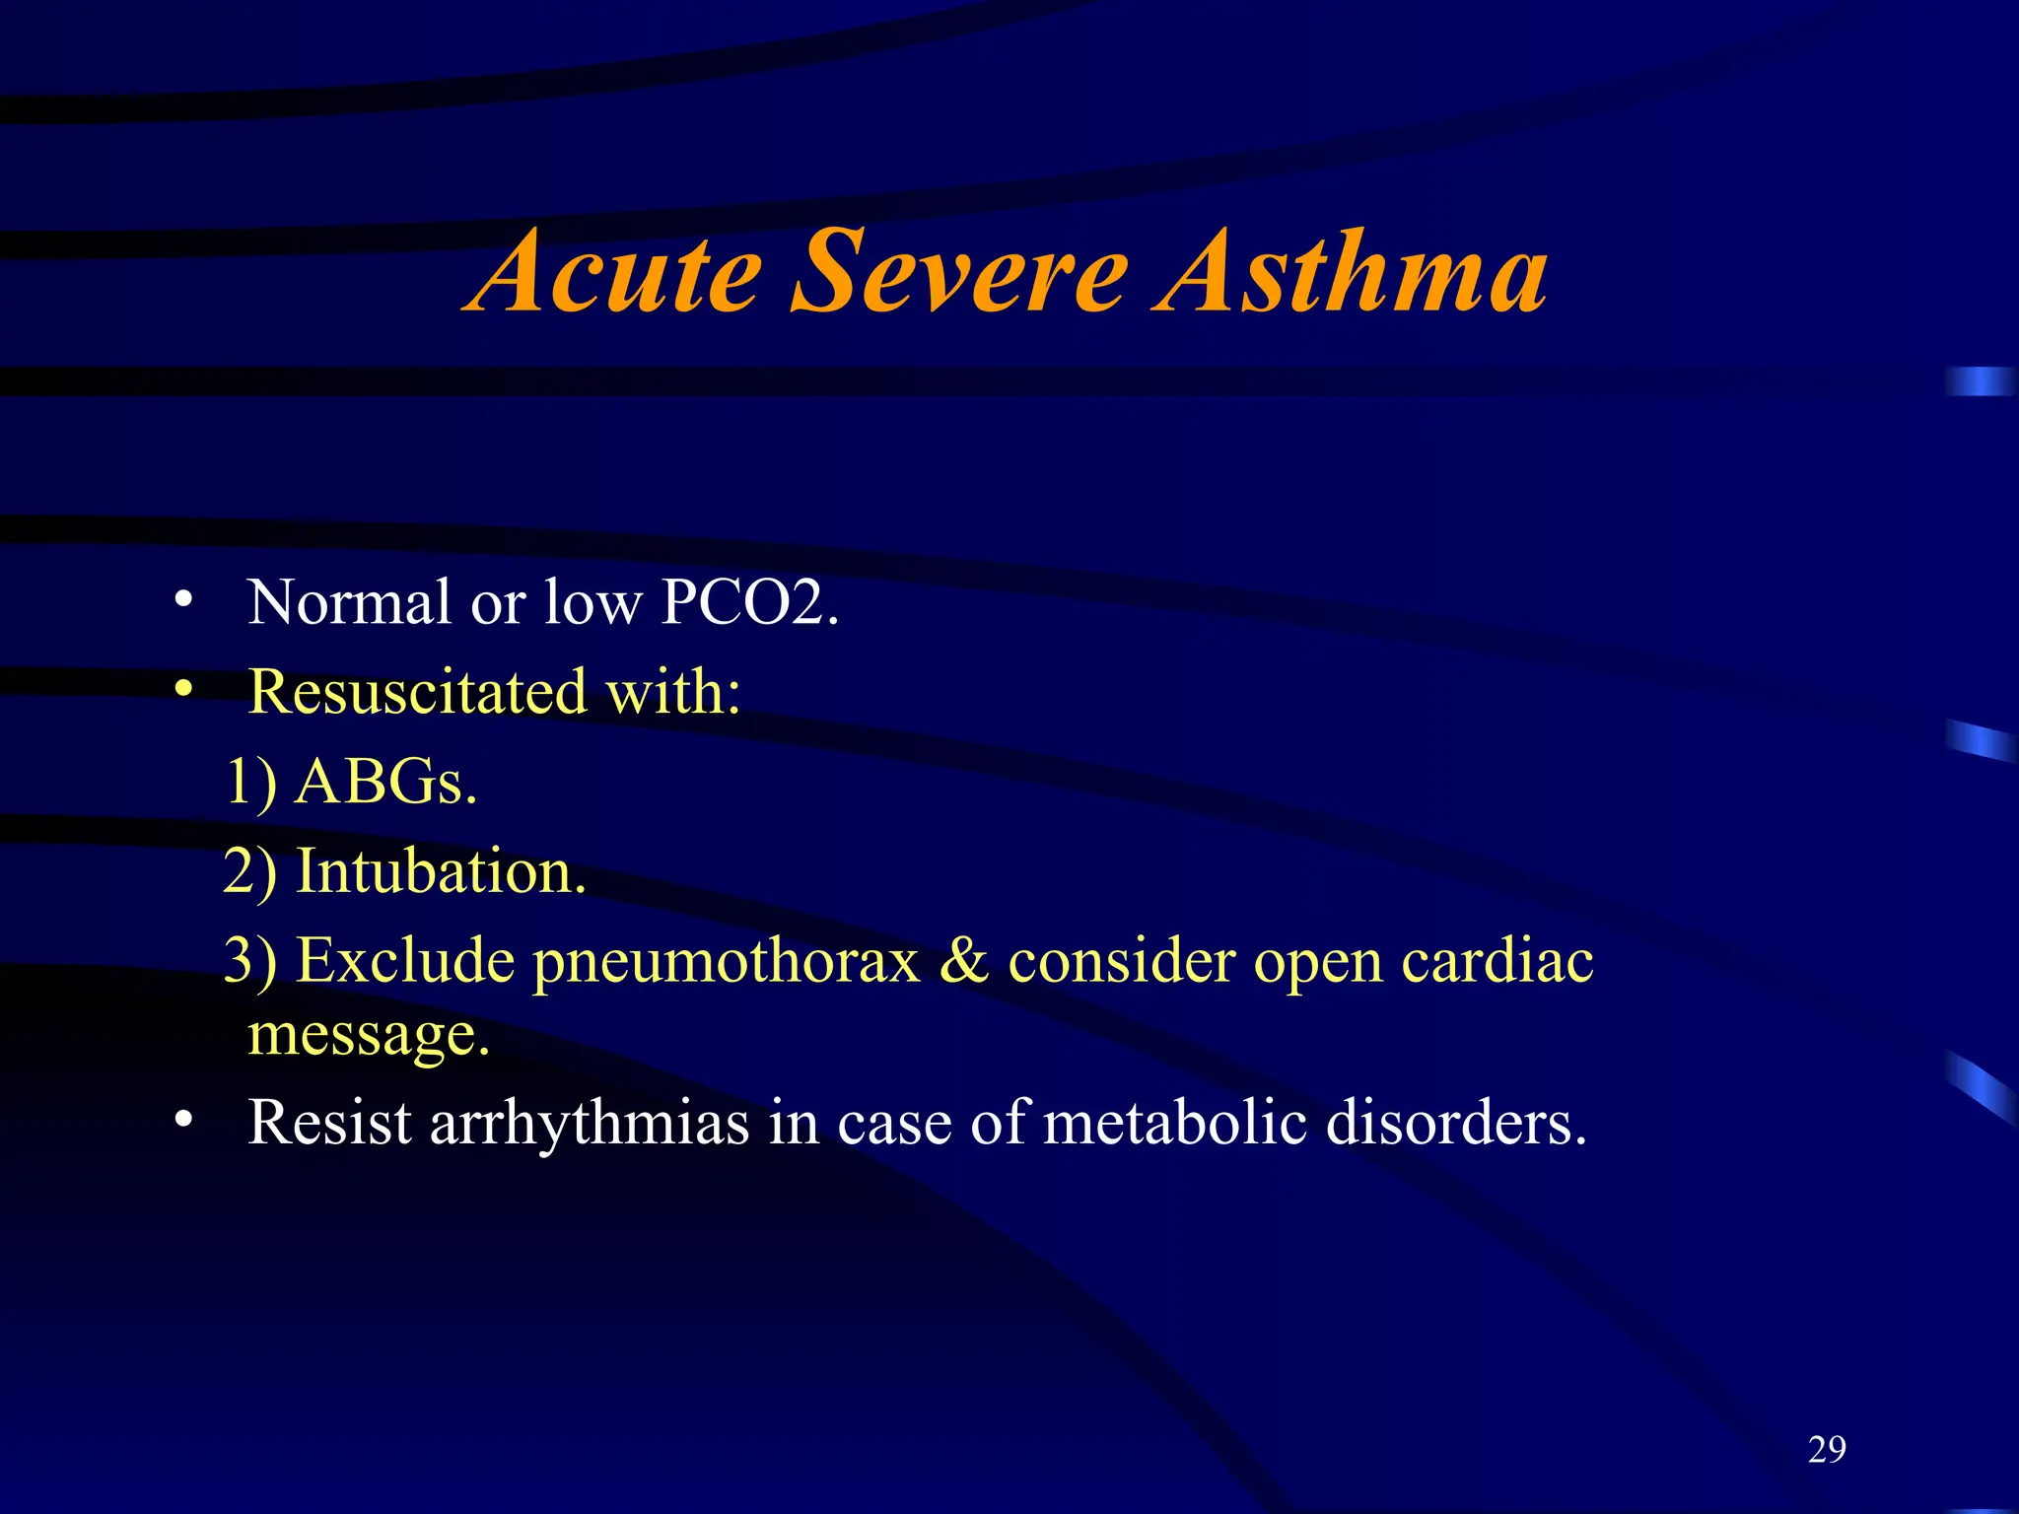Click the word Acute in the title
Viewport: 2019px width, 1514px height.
click(x=616, y=271)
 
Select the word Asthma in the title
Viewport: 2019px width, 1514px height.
click(x=1351, y=271)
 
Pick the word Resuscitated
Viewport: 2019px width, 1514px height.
click(x=418, y=691)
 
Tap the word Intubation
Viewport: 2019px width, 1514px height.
click(x=441, y=871)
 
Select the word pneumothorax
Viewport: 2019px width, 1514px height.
click(x=726, y=961)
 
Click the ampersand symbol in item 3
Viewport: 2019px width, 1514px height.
click(x=963, y=961)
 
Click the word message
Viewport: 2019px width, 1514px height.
click(x=368, y=1035)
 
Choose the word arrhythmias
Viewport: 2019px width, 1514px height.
click(x=590, y=1123)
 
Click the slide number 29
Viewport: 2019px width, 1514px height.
click(x=1827, y=1449)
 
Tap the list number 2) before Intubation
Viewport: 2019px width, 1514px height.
click(x=249, y=871)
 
